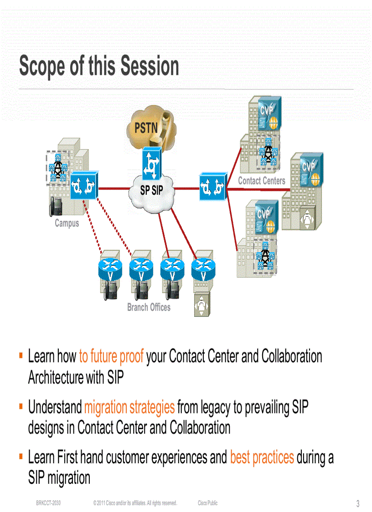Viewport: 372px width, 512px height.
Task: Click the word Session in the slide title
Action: [x=149, y=66]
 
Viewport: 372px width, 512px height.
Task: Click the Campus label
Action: [x=67, y=223]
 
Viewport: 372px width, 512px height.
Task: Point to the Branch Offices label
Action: [x=149, y=307]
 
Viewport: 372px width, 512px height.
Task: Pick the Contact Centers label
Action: [x=261, y=181]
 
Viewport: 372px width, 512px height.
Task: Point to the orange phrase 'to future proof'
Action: [x=111, y=356]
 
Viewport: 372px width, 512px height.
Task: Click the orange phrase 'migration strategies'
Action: [x=129, y=407]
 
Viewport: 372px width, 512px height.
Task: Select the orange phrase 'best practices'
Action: [x=262, y=457]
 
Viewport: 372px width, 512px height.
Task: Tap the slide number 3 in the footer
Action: [x=358, y=504]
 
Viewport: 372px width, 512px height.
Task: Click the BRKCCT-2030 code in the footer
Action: [x=49, y=503]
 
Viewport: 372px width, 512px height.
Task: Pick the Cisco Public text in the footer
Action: [x=207, y=503]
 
